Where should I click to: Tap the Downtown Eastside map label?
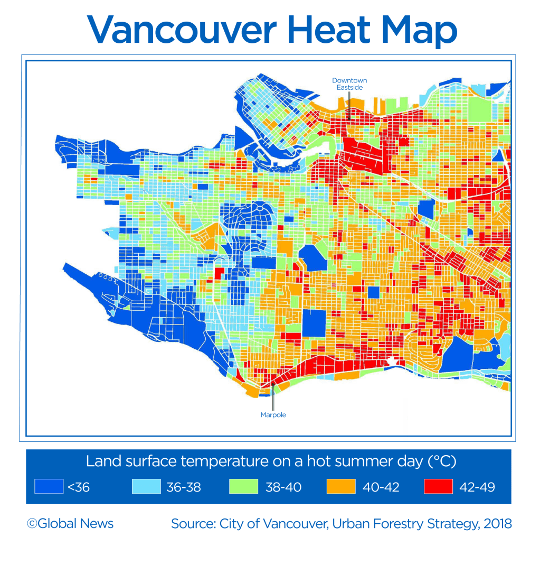click(349, 84)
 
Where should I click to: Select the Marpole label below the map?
click(273, 415)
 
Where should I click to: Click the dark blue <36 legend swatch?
click(49, 486)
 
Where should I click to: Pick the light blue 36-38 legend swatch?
click(146, 486)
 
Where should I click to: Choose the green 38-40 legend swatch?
click(243, 486)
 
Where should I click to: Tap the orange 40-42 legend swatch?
click(340, 486)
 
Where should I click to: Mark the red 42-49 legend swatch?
click(438, 486)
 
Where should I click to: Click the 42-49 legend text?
click(477, 487)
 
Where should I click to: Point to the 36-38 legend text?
click(184, 487)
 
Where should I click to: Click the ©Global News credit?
click(70, 524)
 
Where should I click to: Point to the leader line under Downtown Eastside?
click(348, 103)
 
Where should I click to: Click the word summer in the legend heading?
click(348, 461)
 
